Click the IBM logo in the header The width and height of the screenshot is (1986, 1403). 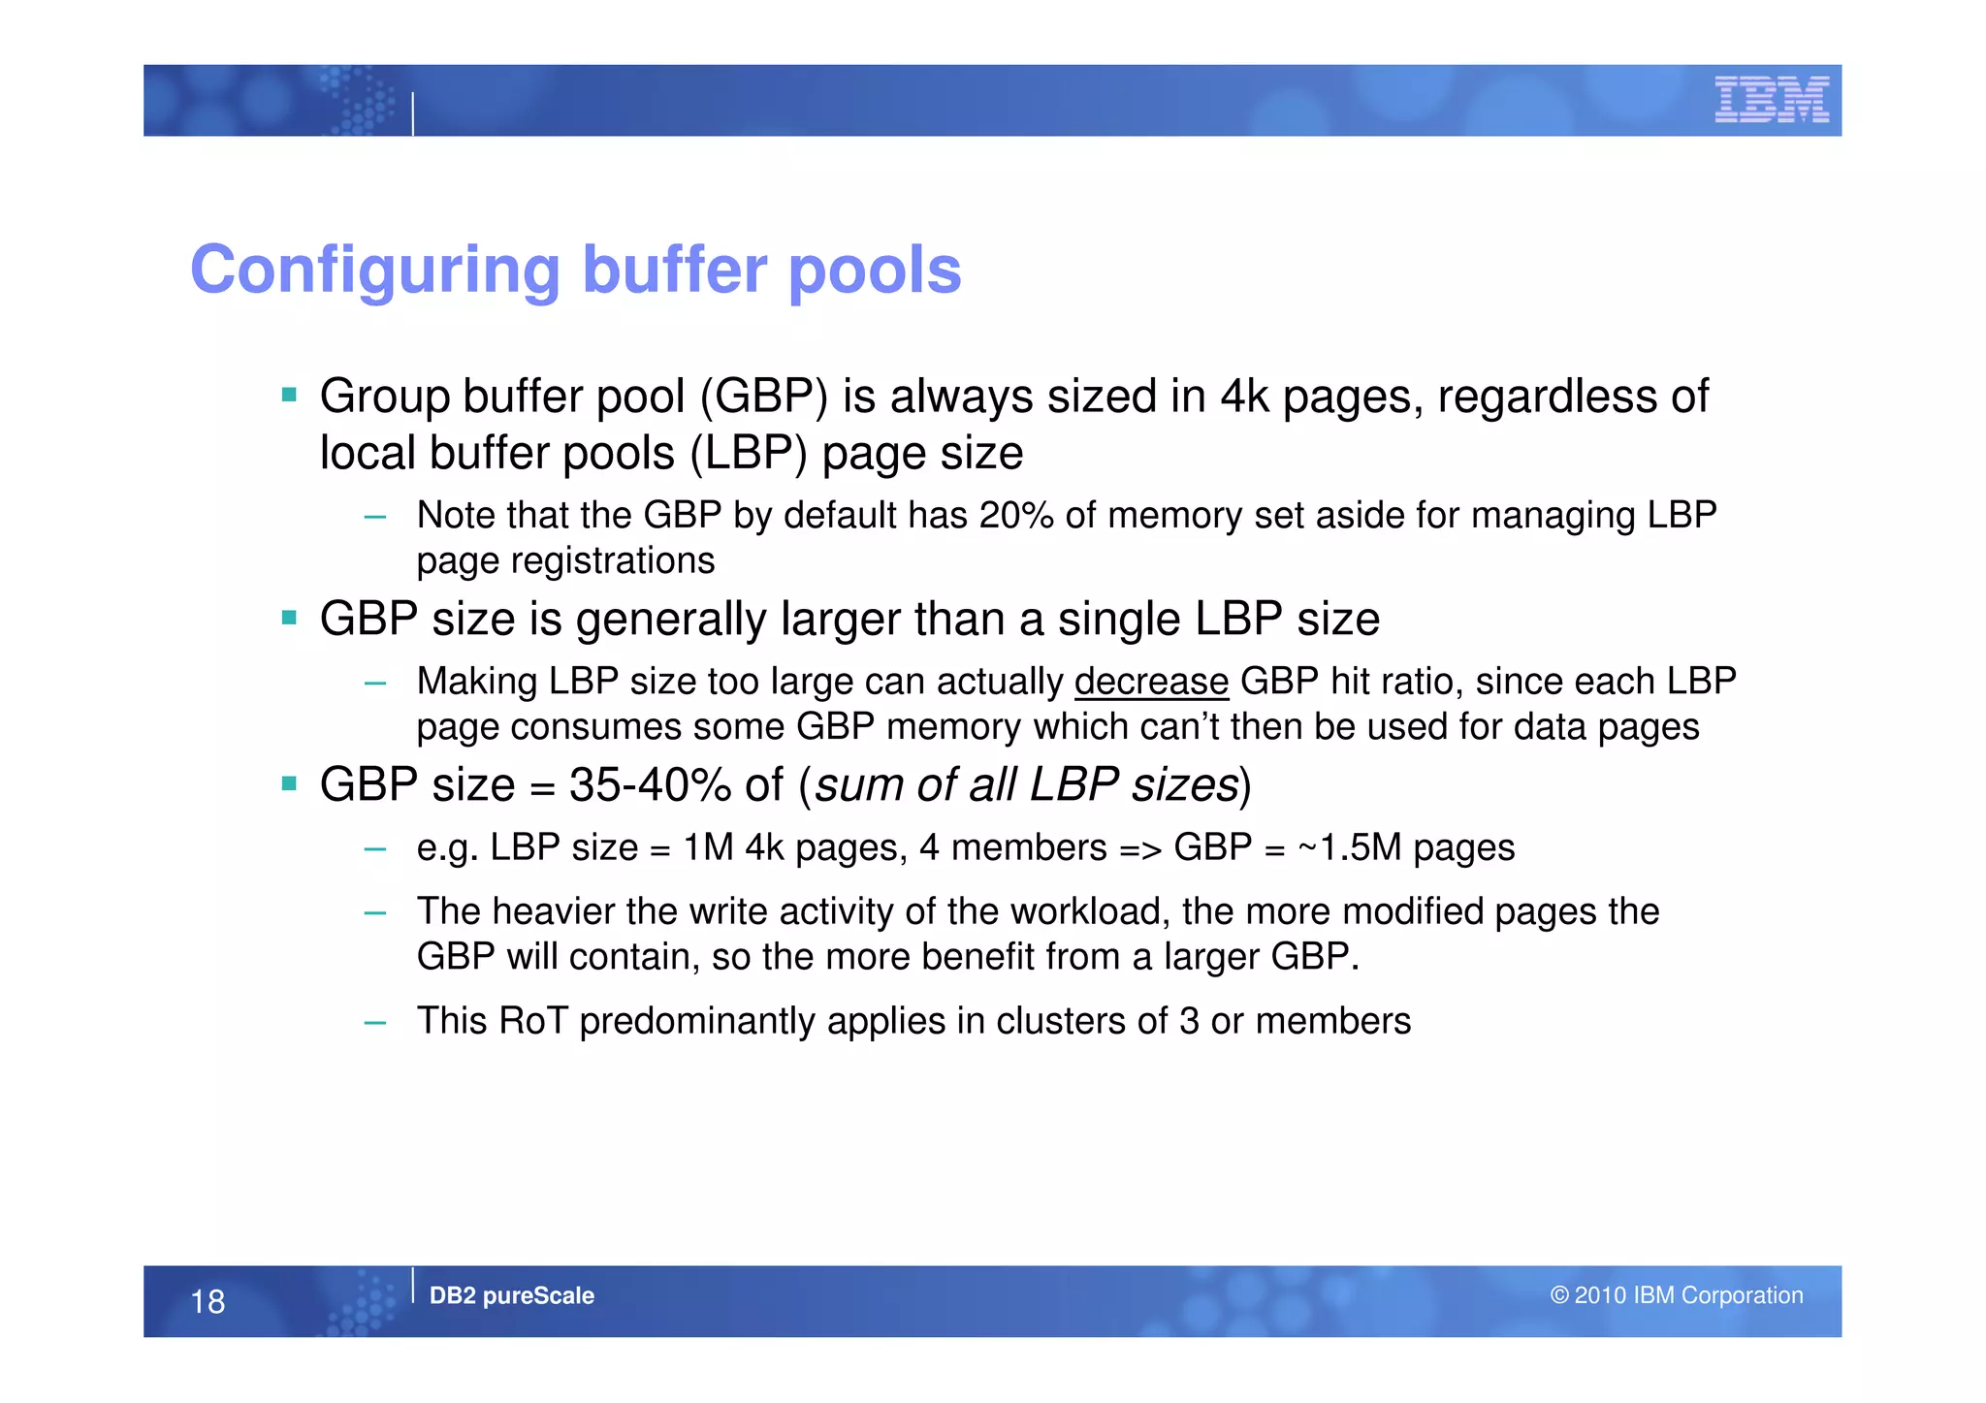[x=1771, y=100]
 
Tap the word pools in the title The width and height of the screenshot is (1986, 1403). [x=875, y=270]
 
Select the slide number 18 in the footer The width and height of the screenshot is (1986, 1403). [x=208, y=1301]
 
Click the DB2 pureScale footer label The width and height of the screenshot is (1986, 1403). [x=511, y=1295]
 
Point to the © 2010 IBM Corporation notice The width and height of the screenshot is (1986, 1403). [x=1677, y=1295]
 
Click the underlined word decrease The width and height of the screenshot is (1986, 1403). [x=1151, y=682]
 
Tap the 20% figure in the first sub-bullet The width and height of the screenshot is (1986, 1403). [x=1016, y=515]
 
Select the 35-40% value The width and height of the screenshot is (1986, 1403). [x=650, y=784]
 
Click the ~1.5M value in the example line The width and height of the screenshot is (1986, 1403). [x=1349, y=848]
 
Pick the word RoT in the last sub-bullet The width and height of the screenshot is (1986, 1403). [x=532, y=1021]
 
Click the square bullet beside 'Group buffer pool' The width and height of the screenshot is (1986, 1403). [x=289, y=395]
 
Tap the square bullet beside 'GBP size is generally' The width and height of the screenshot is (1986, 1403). [x=289, y=618]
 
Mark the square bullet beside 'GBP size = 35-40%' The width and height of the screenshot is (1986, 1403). [x=289, y=783]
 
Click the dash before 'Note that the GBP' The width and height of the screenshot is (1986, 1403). [x=375, y=517]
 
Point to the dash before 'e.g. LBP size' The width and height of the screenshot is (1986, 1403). [x=375, y=850]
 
